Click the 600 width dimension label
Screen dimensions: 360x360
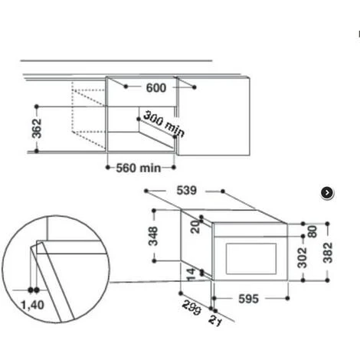[x=155, y=88]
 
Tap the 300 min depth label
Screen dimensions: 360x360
[x=163, y=124]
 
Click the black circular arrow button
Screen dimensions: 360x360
[x=327, y=193]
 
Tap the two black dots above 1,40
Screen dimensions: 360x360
[x=34, y=290]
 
